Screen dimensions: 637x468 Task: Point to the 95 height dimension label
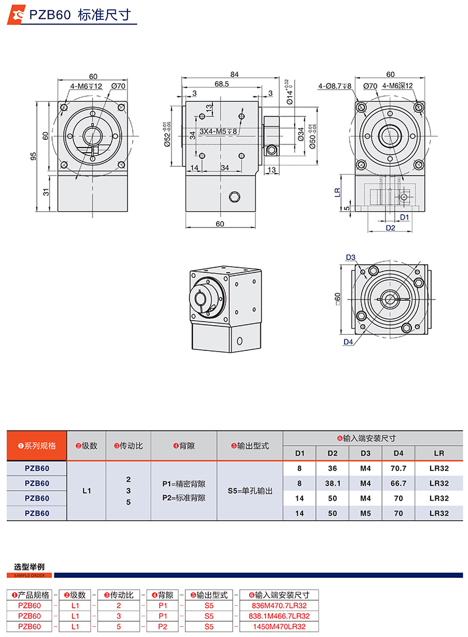click(33, 156)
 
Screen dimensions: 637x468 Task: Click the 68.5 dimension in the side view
click(222, 84)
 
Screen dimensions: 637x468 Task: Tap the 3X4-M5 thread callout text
click(218, 132)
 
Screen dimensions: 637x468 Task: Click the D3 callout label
click(351, 257)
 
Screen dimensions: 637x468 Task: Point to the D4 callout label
click(348, 342)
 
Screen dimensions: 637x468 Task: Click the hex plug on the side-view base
click(235, 196)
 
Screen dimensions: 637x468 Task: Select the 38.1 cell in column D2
click(333, 484)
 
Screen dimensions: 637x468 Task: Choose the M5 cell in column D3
click(366, 513)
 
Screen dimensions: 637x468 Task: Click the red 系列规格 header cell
click(37, 446)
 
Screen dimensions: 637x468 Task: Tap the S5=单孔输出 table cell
click(250, 491)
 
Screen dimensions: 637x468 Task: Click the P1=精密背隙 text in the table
click(184, 484)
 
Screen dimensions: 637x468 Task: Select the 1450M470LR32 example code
click(278, 626)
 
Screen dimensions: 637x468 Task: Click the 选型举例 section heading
click(29, 567)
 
